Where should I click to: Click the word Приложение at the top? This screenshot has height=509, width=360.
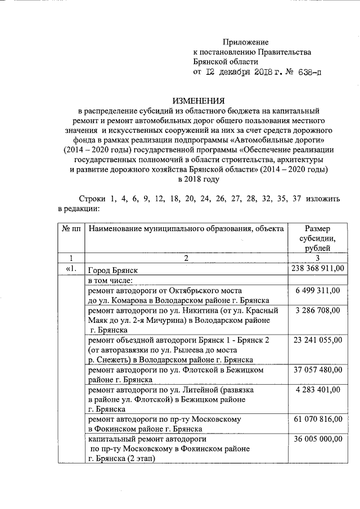[x=246, y=42]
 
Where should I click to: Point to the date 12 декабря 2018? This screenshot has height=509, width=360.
[x=236, y=72]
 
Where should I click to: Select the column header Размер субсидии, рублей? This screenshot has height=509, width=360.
[x=318, y=238]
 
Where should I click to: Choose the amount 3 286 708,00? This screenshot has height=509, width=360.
[x=318, y=310]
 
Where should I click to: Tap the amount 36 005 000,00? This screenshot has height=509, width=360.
[x=318, y=439]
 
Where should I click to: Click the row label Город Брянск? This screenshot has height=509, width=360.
[x=112, y=270]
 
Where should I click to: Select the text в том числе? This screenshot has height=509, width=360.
[x=110, y=280]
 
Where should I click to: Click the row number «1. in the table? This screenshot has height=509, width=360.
[x=70, y=269]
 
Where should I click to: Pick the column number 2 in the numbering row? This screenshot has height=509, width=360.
[x=185, y=258]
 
